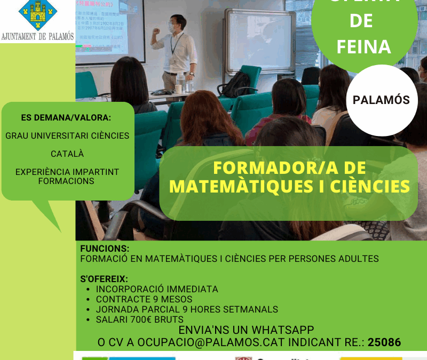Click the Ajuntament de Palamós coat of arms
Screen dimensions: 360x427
pos(37,15)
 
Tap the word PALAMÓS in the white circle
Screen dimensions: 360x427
pos(382,100)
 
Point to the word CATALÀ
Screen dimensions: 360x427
pos(67,154)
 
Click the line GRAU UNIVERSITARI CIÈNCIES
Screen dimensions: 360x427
pos(67,135)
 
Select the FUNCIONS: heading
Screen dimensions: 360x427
pos(105,249)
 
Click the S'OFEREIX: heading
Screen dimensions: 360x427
pos(104,278)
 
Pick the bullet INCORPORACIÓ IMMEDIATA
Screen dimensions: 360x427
pos(157,289)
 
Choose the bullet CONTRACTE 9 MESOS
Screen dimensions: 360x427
pos(144,299)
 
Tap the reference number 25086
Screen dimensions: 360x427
pos(384,342)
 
